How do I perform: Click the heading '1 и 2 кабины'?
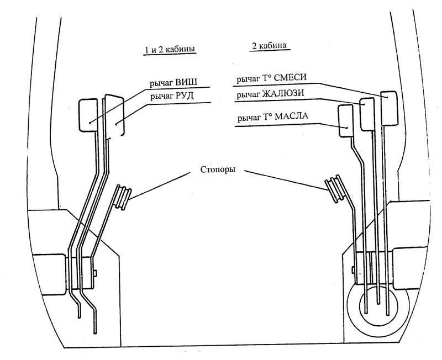click(x=170, y=50)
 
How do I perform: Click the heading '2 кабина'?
click(x=269, y=46)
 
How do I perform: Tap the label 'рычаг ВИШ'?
click(x=173, y=83)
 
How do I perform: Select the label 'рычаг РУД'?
click(x=172, y=96)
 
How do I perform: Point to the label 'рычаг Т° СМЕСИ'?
click(x=271, y=78)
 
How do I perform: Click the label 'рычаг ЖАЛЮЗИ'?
click(x=270, y=94)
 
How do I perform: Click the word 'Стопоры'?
click(x=218, y=170)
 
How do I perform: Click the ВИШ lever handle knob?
click(x=88, y=115)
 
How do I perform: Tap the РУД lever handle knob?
click(x=114, y=115)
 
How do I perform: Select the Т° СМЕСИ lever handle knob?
click(x=390, y=108)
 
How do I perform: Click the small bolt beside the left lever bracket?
click(x=96, y=273)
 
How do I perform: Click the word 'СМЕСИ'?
click(x=290, y=77)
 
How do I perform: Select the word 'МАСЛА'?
click(x=292, y=116)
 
